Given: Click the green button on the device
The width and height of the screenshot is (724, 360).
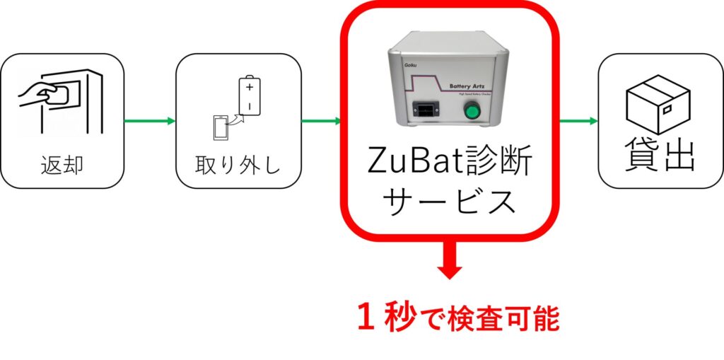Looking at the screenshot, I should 469,111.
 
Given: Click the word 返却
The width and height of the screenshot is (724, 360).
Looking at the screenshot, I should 62,166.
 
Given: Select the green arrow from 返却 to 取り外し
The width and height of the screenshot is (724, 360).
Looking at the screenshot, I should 149,121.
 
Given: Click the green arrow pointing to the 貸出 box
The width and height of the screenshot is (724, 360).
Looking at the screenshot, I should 578,121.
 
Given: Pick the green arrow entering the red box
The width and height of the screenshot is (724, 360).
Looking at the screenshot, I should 322,121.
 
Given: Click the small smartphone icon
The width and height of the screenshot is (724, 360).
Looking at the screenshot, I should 221,127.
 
